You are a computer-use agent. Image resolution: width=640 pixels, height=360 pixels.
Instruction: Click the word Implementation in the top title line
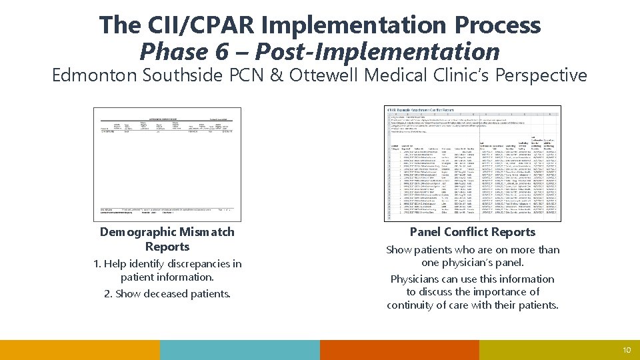point(357,25)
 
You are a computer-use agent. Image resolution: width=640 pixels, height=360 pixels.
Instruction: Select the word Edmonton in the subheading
point(94,75)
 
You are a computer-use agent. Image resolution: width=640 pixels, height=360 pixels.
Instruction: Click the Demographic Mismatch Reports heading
point(167,239)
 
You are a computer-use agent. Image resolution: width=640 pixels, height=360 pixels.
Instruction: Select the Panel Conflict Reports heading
point(473,232)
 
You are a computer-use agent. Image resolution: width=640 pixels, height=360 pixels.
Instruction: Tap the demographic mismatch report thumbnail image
point(167,164)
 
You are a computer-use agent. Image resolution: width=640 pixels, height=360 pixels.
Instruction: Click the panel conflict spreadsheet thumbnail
point(473,163)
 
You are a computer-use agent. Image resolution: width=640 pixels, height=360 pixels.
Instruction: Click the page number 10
point(625,350)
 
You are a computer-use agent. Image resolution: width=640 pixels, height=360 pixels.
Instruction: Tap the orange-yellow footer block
point(80,350)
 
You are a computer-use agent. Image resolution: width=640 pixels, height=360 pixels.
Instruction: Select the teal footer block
point(240,350)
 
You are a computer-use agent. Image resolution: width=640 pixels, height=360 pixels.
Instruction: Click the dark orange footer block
point(399,350)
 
